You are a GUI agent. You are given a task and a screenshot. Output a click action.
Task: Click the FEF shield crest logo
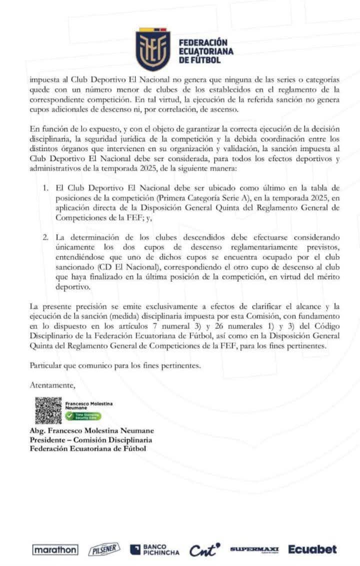(153, 50)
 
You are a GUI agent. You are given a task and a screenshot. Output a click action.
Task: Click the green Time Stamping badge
(73, 416)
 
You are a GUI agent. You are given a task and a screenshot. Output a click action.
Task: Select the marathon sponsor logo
(55, 550)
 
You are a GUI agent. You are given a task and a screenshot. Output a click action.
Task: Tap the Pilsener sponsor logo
(104, 550)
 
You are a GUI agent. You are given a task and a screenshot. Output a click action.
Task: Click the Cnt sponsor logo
(204, 550)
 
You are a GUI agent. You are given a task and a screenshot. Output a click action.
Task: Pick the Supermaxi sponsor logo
(254, 550)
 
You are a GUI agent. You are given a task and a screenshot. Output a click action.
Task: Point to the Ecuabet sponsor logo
(312, 549)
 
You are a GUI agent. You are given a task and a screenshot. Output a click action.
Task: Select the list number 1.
(45, 188)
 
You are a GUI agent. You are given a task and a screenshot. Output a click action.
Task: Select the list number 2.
(45, 236)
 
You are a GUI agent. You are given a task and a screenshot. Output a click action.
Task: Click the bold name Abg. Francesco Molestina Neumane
(91, 430)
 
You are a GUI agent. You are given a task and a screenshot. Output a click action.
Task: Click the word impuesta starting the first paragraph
(42, 80)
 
